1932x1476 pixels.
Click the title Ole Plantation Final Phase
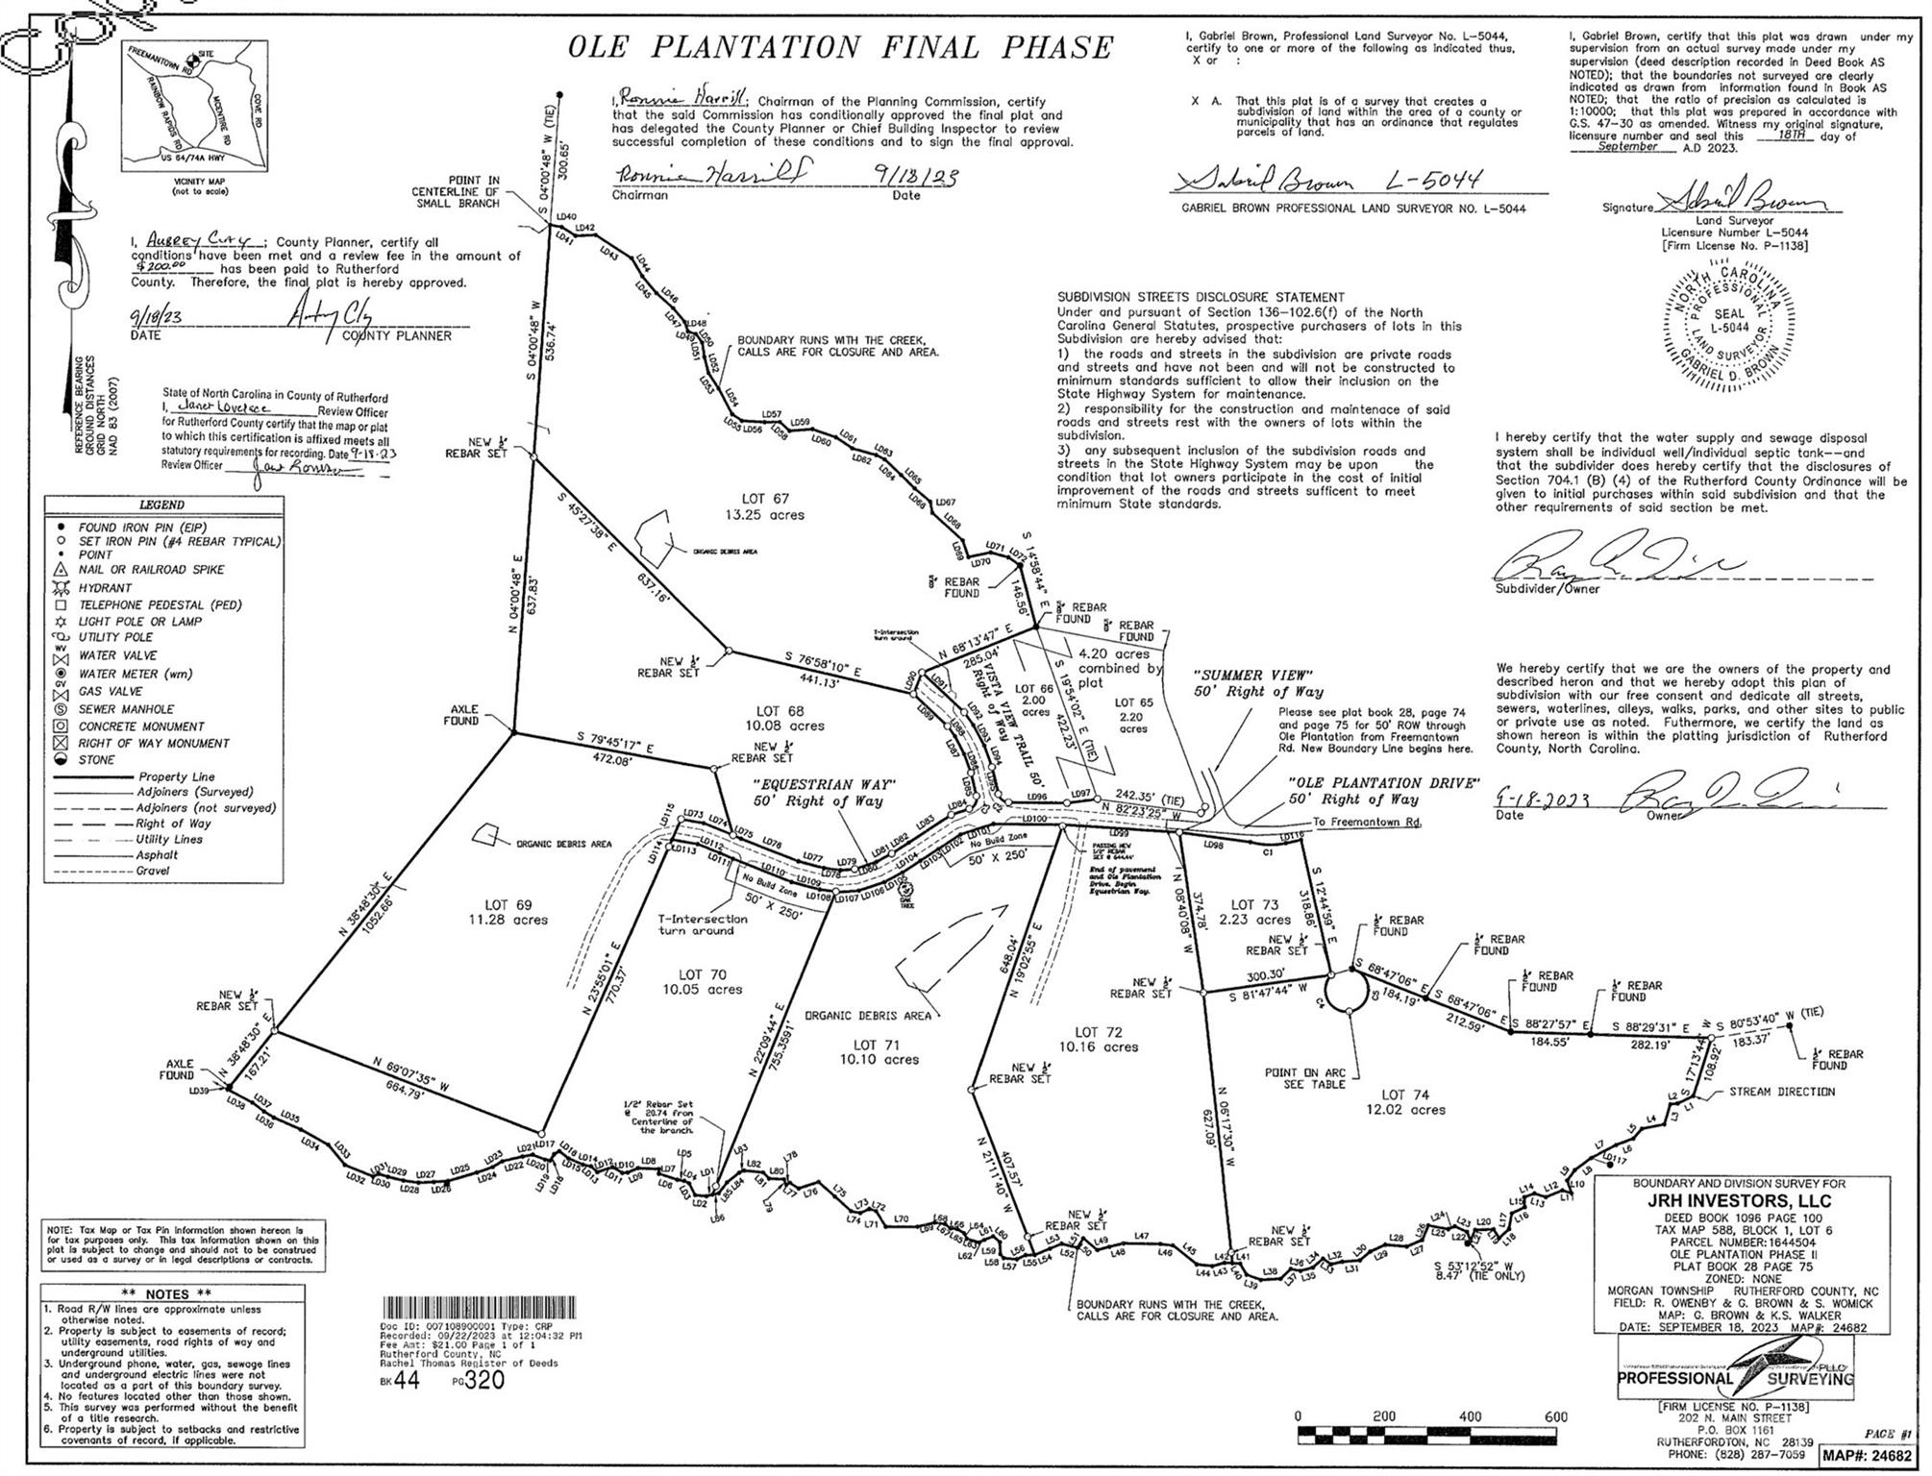coord(840,48)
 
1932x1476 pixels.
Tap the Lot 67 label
coord(765,499)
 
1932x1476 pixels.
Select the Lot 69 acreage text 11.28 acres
coord(508,920)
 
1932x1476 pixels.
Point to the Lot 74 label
coord(1405,1095)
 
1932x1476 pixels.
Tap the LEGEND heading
coord(161,504)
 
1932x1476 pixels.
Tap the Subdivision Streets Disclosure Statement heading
coord(1201,298)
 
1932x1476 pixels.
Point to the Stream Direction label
coord(1781,1092)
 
